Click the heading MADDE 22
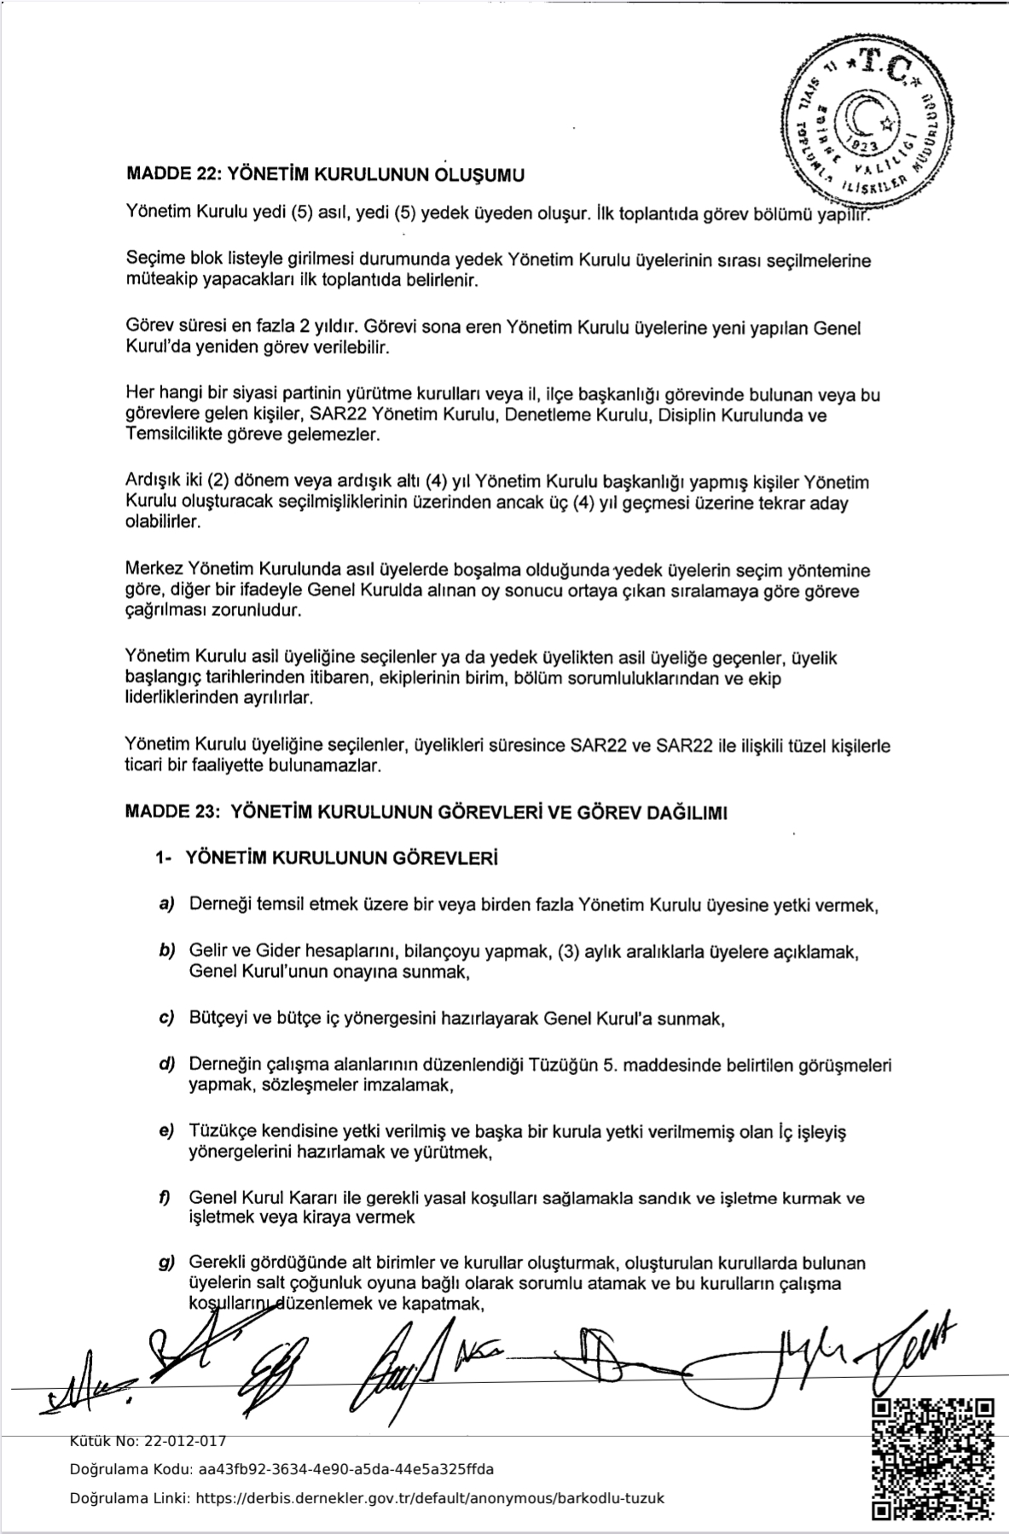pyautogui.click(x=171, y=175)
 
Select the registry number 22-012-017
pyautogui.click(x=187, y=1441)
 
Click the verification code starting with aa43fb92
pyautogui.click(x=345, y=1469)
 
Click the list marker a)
pyautogui.click(x=166, y=904)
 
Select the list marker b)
pyautogui.click(x=166, y=950)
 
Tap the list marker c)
pyautogui.click(x=166, y=1018)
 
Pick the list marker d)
pyautogui.click(x=166, y=1065)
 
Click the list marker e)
pyautogui.click(x=166, y=1131)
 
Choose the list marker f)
pyautogui.click(x=165, y=1197)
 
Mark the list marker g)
pyautogui.click(x=166, y=1263)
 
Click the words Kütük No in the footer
pyautogui.click(x=96, y=1441)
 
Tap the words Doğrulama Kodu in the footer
pyautogui.click(x=131, y=1469)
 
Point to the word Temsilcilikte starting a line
pyautogui.click(x=171, y=435)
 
